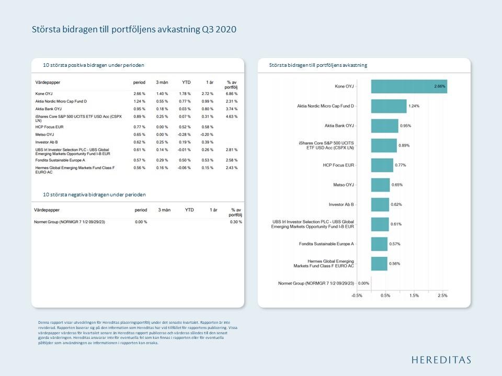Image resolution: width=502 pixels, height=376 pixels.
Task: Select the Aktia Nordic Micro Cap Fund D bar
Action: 389,106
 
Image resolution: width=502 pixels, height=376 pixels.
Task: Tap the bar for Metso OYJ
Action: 380,185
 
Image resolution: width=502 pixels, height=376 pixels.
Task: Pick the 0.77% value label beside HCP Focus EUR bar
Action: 400,165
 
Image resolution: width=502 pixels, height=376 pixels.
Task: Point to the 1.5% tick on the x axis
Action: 414,295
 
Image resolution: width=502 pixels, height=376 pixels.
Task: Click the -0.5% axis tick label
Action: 357,295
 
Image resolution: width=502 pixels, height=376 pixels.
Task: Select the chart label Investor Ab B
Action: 341,205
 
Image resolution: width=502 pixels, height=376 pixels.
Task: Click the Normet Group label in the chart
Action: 316,284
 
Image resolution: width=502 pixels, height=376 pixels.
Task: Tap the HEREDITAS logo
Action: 441,360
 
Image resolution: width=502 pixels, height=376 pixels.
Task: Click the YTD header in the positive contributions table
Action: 186,83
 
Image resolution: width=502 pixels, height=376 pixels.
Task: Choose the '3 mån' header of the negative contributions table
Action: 164,209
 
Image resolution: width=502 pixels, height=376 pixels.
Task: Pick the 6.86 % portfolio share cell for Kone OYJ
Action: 232,93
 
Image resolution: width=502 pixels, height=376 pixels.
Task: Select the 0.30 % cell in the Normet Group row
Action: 236,222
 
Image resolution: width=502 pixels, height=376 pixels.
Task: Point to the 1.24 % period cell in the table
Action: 139,101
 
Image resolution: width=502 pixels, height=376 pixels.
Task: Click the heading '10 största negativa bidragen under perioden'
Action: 94,194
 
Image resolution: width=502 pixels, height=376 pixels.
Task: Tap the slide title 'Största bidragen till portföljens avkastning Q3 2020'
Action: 134,29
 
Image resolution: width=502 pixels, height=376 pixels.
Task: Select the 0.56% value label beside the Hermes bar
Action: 395,264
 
